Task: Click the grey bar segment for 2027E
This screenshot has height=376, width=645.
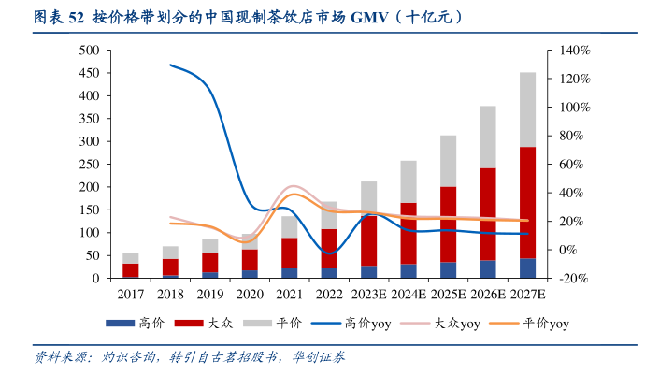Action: pyautogui.click(x=527, y=109)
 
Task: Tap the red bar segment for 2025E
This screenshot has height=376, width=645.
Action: pyautogui.click(x=448, y=224)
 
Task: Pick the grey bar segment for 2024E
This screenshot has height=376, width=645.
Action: pyautogui.click(x=408, y=181)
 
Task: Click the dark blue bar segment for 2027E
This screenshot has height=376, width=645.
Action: pyautogui.click(x=527, y=268)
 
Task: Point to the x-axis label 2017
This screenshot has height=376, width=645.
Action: pyautogui.click(x=131, y=294)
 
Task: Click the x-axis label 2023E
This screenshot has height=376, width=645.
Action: pyautogui.click(x=369, y=294)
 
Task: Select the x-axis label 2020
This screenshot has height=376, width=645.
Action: pyautogui.click(x=250, y=294)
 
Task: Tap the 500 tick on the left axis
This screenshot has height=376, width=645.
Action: pyautogui.click(x=89, y=50)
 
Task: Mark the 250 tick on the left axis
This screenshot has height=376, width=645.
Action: pyautogui.click(x=89, y=164)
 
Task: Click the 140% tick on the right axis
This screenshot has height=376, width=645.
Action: pyautogui.click(x=574, y=50)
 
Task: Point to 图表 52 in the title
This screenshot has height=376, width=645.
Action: pyautogui.click(x=59, y=17)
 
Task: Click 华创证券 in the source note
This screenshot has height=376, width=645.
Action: pyautogui.click(x=322, y=357)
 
